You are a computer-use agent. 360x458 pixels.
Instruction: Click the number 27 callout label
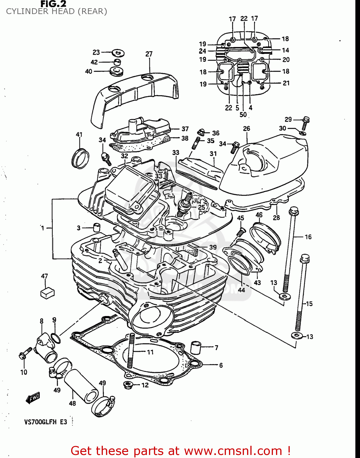pos(149,54)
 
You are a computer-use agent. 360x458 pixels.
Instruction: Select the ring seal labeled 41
pos(80,158)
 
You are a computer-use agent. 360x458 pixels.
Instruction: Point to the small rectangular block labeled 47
pos(47,293)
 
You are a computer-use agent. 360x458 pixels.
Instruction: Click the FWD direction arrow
pos(33,398)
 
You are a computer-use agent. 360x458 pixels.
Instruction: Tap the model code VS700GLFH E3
pos(45,422)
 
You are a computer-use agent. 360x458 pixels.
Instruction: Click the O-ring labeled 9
pos(55,338)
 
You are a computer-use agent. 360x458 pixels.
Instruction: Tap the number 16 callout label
pos(308,237)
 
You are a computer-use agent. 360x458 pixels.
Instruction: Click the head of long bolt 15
pos(304,258)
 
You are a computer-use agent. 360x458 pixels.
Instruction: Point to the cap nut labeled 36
pos(201,132)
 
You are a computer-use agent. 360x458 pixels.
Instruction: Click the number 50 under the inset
pos(243,115)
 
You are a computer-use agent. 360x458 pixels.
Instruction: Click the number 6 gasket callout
pos(221,365)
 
